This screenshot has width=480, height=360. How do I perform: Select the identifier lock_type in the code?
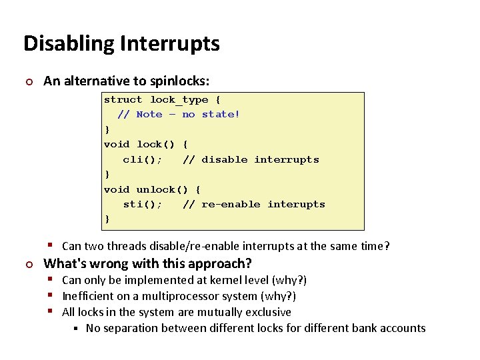tap(179, 99)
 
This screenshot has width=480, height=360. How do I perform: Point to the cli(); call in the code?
tap(143, 159)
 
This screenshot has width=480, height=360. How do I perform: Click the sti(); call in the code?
tap(143, 204)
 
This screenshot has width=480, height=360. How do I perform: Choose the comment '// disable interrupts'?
tap(251, 159)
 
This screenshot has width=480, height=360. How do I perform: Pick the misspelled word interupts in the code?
tap(296, 204)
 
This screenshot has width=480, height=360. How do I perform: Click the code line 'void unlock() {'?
tap(152, 189)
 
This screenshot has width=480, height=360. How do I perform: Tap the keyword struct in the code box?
tap(123, 99)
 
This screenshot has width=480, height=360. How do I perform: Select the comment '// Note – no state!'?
tap(178, 114)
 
